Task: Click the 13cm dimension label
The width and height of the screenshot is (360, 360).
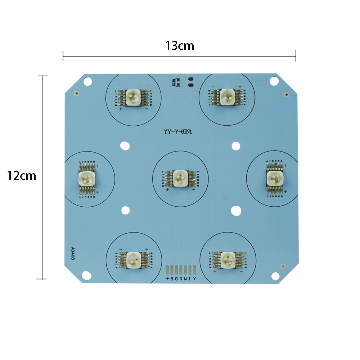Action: (x=179, y=46)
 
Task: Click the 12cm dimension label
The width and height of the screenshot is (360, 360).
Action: (x=22, y=176)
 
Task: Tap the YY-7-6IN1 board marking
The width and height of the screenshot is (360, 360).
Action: (x=177, y=132)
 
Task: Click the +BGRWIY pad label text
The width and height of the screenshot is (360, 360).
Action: (x=181, y=279)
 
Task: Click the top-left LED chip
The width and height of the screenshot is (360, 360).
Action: (x=133, y=97)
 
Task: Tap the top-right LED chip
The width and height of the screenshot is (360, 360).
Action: (x=227, y=96)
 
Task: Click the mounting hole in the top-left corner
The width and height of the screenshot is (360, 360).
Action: (x=87, y=82)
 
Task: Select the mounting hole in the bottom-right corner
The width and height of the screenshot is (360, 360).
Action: (x=275, y=275)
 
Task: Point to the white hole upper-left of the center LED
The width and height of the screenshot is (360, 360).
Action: (x=125, y=146)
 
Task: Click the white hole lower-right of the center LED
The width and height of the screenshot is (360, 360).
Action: (x=236, y=211)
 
